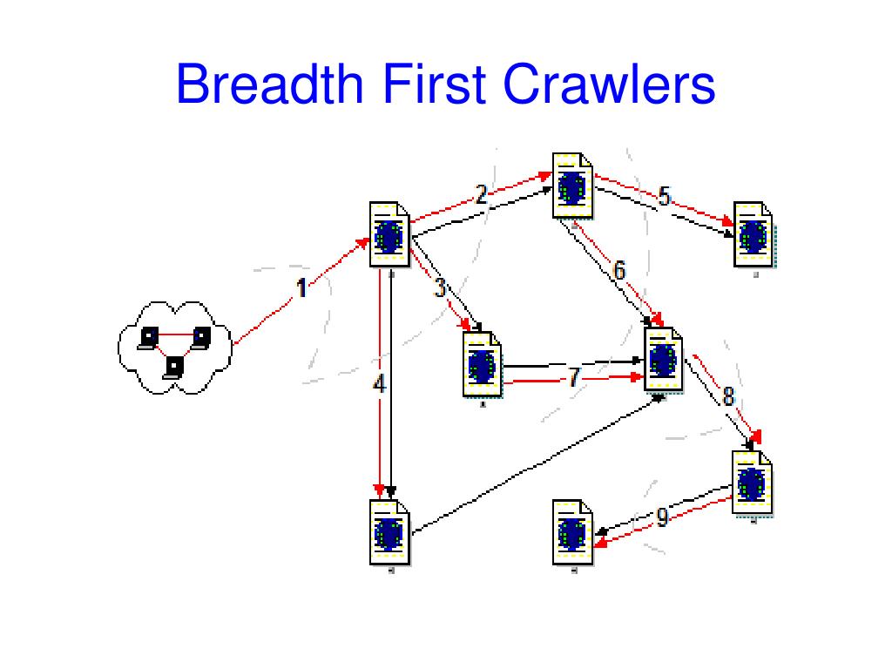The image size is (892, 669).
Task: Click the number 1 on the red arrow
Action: coord(301,287)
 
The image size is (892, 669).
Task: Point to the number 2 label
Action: coord(481,194)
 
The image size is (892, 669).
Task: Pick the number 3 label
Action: coord(440,287)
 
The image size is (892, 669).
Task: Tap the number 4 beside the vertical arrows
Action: coord(379,383)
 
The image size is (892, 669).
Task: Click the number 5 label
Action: coord(664,197)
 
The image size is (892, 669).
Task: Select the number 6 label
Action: coord(619,271)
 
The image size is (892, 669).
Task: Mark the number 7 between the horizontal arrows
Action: coord(573,377)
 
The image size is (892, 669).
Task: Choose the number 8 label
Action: coord(728,395)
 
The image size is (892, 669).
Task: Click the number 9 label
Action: coord(662,518)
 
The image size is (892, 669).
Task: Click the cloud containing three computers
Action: coord(174,347)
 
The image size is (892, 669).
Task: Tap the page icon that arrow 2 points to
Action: coord(571,186)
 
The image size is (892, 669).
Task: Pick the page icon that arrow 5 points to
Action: coord(753,233)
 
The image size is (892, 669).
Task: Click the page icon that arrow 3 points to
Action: coord(483,364)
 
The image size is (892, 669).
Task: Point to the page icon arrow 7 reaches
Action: coord(663,360)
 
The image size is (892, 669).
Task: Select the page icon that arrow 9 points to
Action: coord(572,532)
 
